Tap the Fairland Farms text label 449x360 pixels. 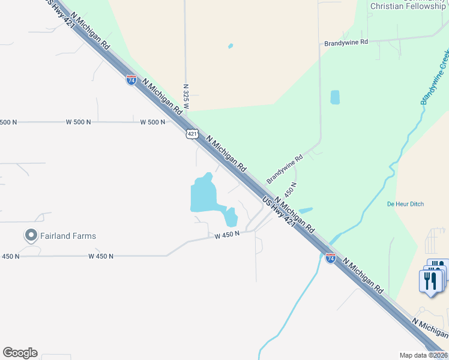click(68, 236)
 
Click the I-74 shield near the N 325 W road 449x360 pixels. click(131, 80)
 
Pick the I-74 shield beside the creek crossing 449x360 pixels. click(331, 258)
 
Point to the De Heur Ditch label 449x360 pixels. click(405, 204)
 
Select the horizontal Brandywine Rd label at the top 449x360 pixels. click(345, 43)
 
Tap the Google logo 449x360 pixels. click(20, 353)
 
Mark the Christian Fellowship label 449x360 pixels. click(408, 6)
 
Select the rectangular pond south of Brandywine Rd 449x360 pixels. click(335, 97)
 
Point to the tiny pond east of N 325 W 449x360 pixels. click(231, 46)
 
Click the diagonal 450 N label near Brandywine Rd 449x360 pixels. click(291, 190)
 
